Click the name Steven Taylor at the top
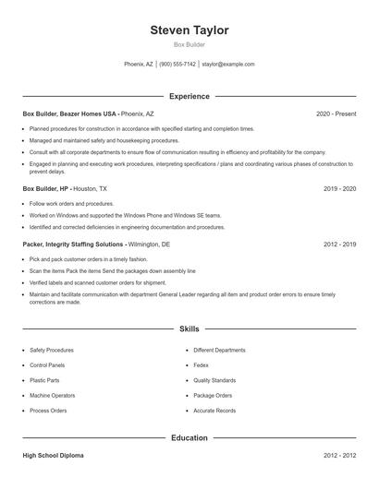pos(189,30)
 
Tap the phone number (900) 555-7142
pos(178,65)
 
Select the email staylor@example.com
pos(227,65)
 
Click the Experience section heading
pos(189,96)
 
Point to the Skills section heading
pos(189,328)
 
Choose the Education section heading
pos(189,438)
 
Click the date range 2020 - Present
pos(336,113)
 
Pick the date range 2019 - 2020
pos(339,188)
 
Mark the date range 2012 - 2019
pos(339,245)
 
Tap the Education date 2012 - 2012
pos(339,456)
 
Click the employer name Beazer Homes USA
pos(89,113)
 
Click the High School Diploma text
pos(53,456)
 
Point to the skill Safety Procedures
pos(52,351)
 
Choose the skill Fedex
pos(201,365)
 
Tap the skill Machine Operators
pos(53,395)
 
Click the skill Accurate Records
pos(214,410)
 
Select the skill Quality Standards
pos(214,380)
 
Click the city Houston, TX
pos(90,188)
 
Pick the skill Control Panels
pos(48,365)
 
